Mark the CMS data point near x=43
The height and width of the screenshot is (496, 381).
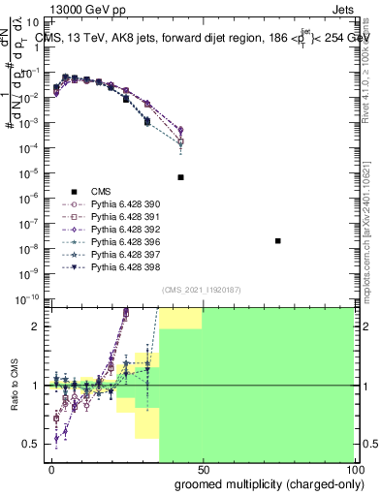181,177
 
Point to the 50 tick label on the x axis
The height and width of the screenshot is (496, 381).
203,469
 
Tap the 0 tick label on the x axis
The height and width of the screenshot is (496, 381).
51,469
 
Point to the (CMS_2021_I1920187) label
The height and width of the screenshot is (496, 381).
201,289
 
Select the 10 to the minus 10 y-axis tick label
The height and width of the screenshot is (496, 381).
29,299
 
